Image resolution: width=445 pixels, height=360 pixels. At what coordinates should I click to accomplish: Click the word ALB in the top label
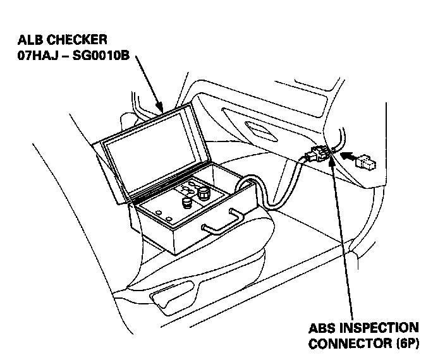coord(30,40)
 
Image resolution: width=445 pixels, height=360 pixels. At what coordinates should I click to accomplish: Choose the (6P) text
coord(405,344)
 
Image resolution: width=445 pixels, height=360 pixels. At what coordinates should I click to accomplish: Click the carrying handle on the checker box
coord(221,221)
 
